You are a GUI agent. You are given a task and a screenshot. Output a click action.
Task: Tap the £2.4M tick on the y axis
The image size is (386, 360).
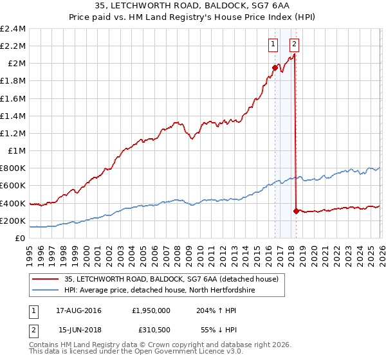[13, 29]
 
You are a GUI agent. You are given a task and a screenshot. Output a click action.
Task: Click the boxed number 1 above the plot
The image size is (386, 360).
[273, 44]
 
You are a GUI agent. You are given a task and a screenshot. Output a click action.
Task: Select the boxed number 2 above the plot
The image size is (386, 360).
[294, 44]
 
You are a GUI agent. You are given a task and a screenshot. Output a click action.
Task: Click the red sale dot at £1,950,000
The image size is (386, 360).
[275, 67]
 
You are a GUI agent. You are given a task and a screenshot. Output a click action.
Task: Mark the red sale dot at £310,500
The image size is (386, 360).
[295, 211]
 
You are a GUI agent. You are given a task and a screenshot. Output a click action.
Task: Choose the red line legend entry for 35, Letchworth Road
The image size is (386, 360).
[171, 279]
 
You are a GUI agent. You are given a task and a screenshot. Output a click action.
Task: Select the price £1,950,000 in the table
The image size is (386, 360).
[149, 310]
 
